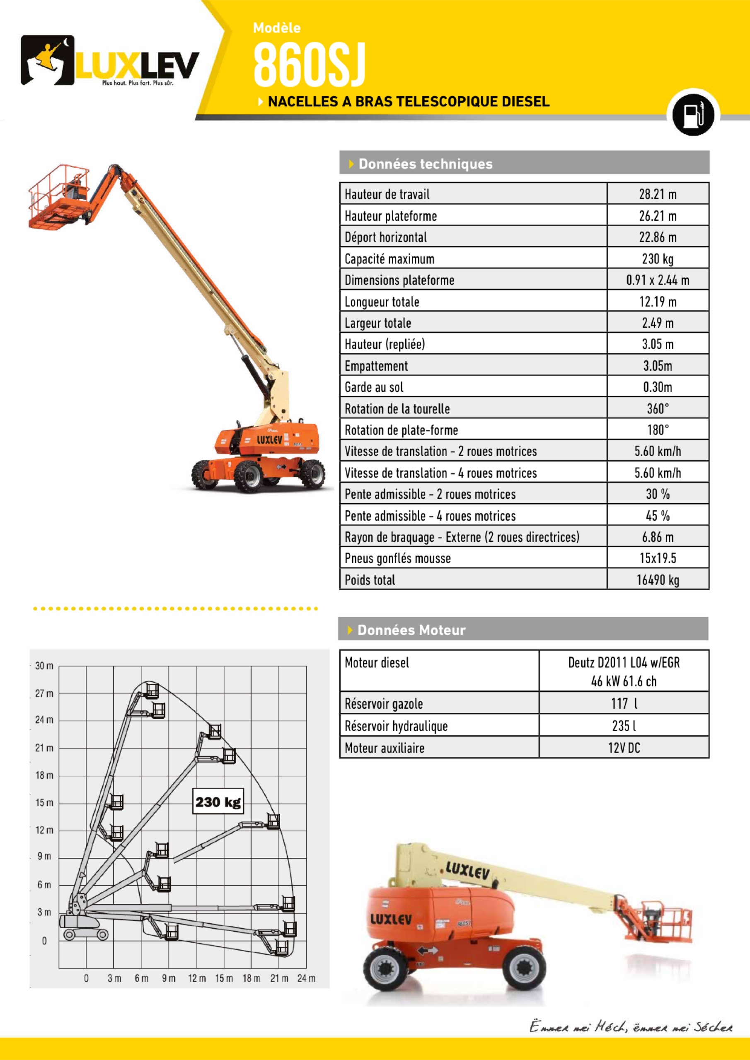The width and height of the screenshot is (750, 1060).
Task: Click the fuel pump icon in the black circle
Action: [693, 114]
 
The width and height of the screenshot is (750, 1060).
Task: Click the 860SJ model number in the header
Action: [309, 65]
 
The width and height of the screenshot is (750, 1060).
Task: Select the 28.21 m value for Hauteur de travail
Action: [658, 194]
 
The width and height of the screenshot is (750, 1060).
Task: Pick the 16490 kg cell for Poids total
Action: [658, 580]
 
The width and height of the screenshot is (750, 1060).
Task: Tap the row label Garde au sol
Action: [374, 387]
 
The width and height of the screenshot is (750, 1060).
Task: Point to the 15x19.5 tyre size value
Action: [658, 558]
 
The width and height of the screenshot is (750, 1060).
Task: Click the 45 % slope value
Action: [658, 516]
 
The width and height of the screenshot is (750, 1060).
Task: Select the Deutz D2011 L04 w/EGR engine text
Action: [624, 663]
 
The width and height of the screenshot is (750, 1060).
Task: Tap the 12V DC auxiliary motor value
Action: [624, 748]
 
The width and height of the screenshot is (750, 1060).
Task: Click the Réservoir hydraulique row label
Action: [396, 726]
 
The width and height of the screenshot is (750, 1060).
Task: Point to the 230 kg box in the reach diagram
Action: [218, 802]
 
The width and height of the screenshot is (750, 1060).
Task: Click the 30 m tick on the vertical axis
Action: [44, 666]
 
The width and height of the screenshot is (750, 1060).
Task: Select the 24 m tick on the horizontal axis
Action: [306, 978]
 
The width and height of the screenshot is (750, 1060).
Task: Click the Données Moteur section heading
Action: [411, 630]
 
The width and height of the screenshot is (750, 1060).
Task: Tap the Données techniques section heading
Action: [425, 164]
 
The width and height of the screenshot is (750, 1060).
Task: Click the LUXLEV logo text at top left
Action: [137, 65]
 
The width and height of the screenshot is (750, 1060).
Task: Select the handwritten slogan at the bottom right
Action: [630, 1027]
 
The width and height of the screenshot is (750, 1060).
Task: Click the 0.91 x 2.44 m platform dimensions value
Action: [658, 280]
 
